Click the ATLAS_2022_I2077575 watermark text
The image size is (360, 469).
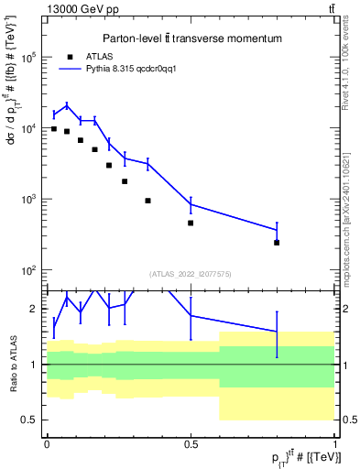[191, 274]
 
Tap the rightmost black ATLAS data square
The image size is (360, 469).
[277, 243]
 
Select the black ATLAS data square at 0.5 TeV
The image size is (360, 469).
[191, 223]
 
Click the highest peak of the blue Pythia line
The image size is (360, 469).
[67, 105]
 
